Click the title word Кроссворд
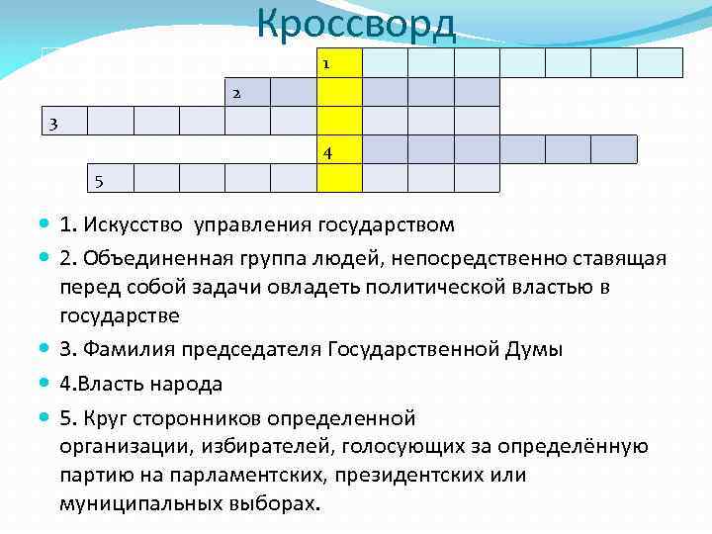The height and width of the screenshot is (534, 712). pos(356,24)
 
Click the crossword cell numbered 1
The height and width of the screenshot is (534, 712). pos(339,63)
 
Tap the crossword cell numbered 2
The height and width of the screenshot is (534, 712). pos(247,92)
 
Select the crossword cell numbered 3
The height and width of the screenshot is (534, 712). pos(64,121)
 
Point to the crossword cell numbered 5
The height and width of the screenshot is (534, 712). pos(110,178)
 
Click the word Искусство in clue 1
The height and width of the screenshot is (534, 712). pos(139,224)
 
